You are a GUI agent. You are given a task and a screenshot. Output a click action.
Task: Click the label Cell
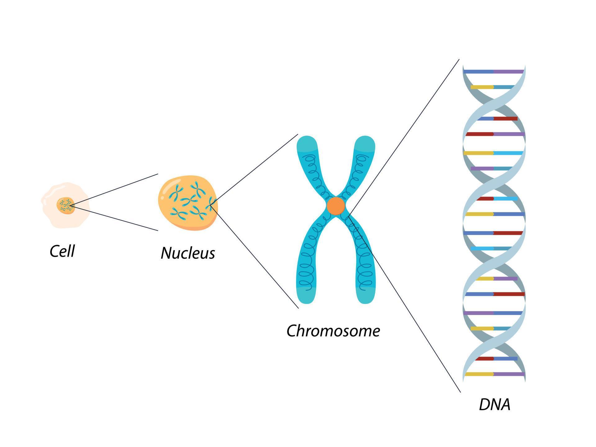tap(62, 251)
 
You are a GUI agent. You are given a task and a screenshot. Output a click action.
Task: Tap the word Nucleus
tap(188, 253)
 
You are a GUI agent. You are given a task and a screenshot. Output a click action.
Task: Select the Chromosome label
tap(333, 331)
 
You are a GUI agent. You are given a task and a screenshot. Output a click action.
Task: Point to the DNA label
tap(494, 405)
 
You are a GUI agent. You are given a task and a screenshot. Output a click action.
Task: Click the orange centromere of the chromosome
tap(336, 206)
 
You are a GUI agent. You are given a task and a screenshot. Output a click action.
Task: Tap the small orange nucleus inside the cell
tap(65, 205)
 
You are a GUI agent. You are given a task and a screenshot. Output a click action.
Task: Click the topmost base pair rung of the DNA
tap(494, 72)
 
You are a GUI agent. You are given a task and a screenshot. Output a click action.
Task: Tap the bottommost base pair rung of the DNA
tap(494, 374)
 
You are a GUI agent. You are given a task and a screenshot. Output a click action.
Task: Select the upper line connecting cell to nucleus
tap(115, 189)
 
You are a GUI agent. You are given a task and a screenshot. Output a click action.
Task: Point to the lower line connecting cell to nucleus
tap(115, 218)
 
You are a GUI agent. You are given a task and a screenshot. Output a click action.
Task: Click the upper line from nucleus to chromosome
tap(255, 169)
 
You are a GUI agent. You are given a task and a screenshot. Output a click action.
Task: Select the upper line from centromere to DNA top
tap(404, 137)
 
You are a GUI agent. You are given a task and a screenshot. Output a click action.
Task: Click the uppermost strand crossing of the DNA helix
tap(494, 102)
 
